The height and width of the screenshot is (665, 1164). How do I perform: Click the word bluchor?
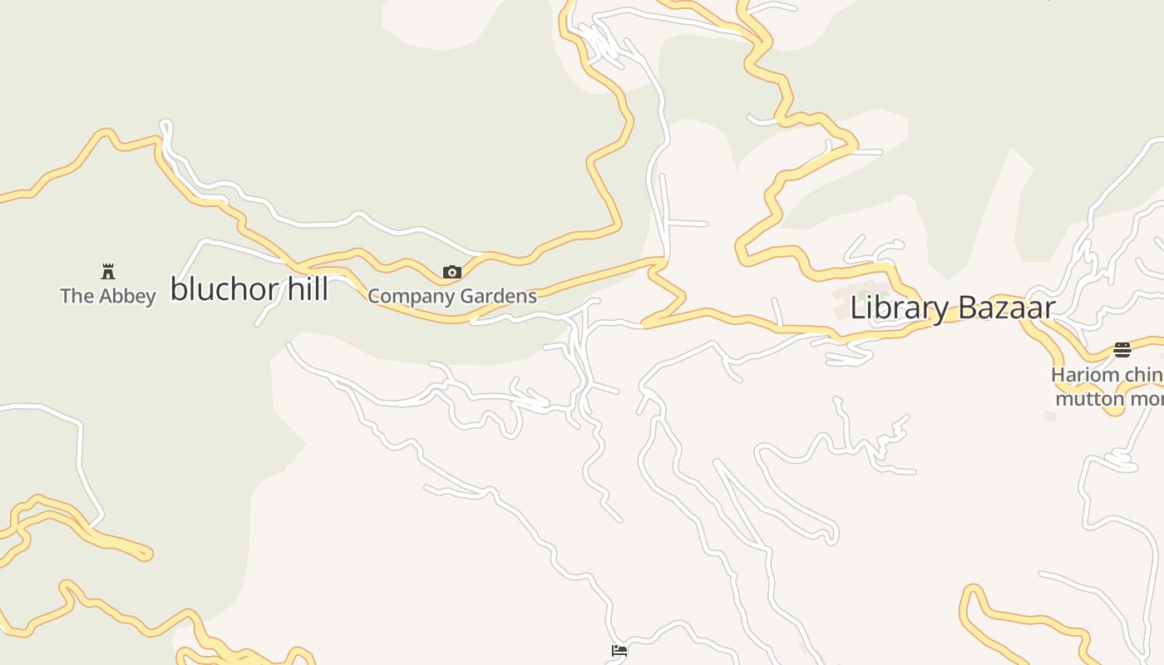[x=219, y=289]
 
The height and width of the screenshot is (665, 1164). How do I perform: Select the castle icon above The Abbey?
[x=108, y=271]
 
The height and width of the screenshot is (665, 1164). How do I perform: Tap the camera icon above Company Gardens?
[x=452, y=272]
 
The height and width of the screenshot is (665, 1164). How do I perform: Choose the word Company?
[x=408, y=297]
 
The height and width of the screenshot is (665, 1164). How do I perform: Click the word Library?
[x=899, y=308]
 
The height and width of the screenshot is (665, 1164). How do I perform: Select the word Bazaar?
[x=1006, y=308]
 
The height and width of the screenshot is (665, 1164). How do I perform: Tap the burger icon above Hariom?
[x=1122, y=349]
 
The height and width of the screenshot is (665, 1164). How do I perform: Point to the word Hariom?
[x=1085, y=375]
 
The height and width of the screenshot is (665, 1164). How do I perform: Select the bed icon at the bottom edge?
[x=619, y=651]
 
